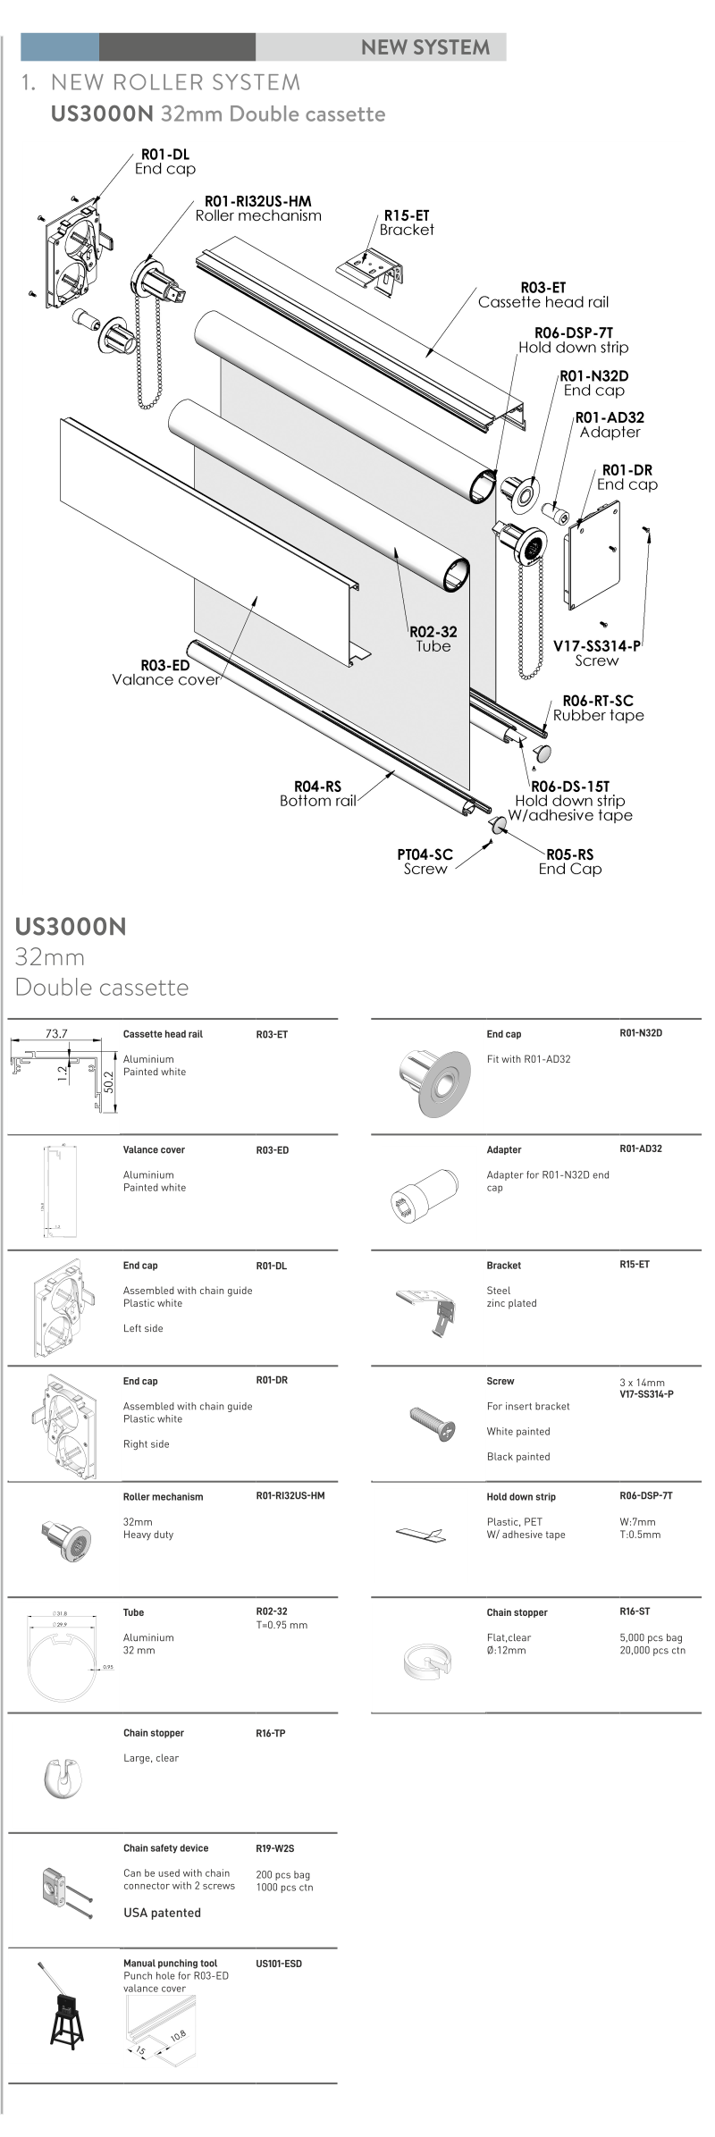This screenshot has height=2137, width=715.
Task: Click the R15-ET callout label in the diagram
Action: (x=407, y=215)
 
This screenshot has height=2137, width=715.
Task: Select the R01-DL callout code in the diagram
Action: (x=165, y=155)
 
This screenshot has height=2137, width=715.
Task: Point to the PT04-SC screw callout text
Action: (x=425, y=854)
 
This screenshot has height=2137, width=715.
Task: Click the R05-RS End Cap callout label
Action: (x=570, y=854)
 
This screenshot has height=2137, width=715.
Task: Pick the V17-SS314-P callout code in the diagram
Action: (x=596, y=646)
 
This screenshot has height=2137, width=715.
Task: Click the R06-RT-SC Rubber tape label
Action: (x=598, y=701)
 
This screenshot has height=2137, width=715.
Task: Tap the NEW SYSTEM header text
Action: (x=425, y=47)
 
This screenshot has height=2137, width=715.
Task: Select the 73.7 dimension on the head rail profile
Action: (x=56, y=1033)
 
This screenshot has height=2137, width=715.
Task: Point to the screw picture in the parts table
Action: (x=432, y=1421)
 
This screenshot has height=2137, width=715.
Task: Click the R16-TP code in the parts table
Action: (x=271, y=1733)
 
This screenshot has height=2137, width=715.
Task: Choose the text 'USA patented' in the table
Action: (x=162, y=1912)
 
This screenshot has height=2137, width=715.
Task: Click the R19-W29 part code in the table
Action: (x=274, y=1848)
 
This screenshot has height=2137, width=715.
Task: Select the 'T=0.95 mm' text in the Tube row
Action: (x=282, y=1625)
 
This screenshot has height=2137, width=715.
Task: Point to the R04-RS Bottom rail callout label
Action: (x=318, y=787)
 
